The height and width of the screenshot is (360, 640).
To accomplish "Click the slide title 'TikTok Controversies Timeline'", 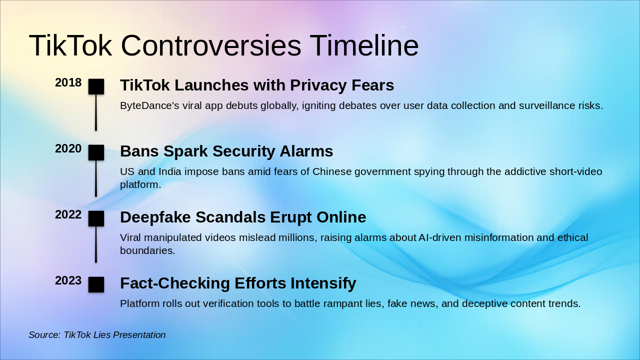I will (223, 45).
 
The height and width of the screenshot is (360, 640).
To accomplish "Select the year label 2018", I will (68, 83).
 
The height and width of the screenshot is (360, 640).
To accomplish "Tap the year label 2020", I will (68, 149).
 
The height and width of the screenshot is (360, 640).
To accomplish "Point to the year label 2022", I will (68, 215).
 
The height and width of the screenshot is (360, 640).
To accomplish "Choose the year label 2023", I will (68, 281).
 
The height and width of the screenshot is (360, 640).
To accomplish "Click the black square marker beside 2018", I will (96, 86).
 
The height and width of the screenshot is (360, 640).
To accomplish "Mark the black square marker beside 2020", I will (96, 152).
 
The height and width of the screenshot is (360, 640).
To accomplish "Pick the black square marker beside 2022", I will (96, 218).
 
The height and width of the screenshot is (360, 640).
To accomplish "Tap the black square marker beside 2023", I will (96, 284).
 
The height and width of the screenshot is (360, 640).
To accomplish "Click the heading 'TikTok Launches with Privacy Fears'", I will (257, 85).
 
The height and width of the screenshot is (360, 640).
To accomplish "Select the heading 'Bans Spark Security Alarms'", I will (226, 151).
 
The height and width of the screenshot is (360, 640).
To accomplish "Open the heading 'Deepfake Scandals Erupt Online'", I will (243, 217).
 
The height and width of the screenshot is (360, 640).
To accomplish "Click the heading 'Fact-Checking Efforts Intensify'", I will (238, 283).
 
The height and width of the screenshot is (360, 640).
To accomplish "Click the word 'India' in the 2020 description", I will (170, 172).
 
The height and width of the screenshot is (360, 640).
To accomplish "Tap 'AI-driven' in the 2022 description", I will (439, 238).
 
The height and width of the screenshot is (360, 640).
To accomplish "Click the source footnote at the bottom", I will (97, 335).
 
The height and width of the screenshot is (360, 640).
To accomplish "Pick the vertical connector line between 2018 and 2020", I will (96, 112).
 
